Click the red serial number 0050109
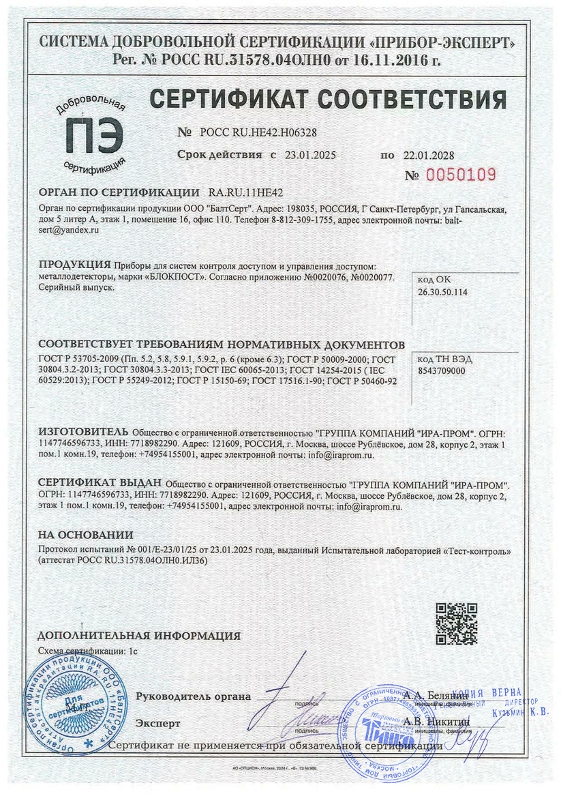click(461, 174)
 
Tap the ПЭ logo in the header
click(91, 134)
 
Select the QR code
click(456, 623)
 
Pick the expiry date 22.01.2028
click(427, 155)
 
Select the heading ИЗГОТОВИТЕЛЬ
click(82, 432)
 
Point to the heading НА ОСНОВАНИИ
click(85, 535)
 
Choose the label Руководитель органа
click(193, 696)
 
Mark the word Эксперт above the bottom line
click(158, 722)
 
